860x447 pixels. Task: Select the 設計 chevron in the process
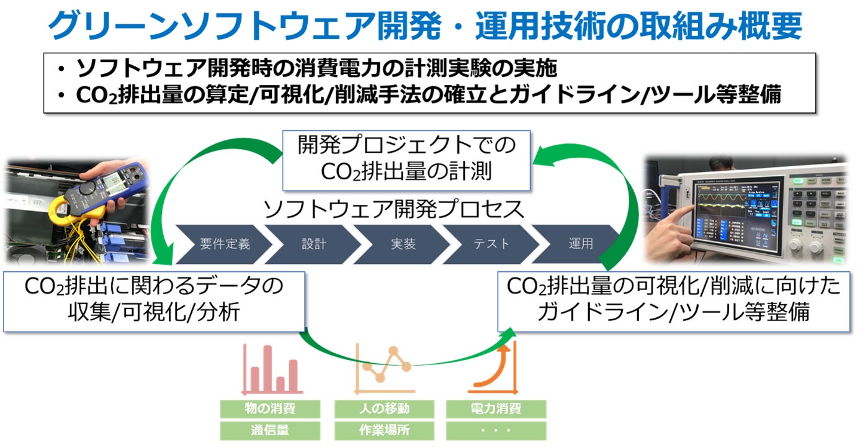[x=314, y=244]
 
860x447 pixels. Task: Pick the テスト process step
[x=491, y=244]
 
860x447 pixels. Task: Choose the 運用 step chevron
[x=580, y=244]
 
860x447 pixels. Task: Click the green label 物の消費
[x=270, y=409]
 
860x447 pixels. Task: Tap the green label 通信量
[x=270, y=430]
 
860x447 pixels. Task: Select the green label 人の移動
[x=384, y=409]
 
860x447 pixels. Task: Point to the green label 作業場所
[x=384, y=430]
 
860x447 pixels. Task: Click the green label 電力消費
[x=496, y=409]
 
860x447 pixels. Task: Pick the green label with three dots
[x=496, y=430]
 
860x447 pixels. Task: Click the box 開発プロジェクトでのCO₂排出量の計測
[x=406, y=160]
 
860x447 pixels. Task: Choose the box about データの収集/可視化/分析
[x=154, y=301]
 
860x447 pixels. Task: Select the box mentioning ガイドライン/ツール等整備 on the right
[x=673, y=301]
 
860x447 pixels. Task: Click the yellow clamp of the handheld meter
[x=65, y=209]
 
